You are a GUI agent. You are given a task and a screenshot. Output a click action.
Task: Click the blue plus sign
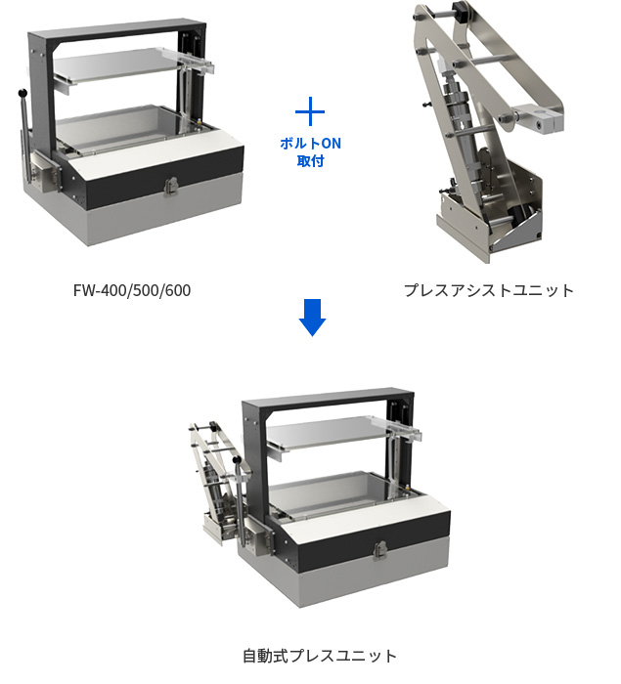click(310, 111)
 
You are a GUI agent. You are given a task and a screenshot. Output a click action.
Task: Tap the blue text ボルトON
click(311, 144)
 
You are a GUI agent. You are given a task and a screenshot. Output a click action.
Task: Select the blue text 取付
click(311, 161)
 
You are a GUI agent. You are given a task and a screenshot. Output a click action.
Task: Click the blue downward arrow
click(312, 318)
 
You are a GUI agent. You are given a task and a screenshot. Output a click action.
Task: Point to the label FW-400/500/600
click(132, 290)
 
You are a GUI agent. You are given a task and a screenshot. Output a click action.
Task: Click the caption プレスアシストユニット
click(489, 290)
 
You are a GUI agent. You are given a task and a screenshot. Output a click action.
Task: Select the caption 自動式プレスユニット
click(320, 656)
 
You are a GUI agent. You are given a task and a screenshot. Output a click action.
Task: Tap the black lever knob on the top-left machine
click(22, 93)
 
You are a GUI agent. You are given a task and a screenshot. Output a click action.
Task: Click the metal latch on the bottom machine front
click(380, 550)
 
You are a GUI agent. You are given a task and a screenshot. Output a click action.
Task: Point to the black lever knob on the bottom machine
click(237, 460)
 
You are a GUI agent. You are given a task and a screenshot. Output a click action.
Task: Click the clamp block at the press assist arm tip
click(539, 118)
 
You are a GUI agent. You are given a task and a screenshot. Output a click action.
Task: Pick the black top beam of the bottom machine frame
click(328, 399)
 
